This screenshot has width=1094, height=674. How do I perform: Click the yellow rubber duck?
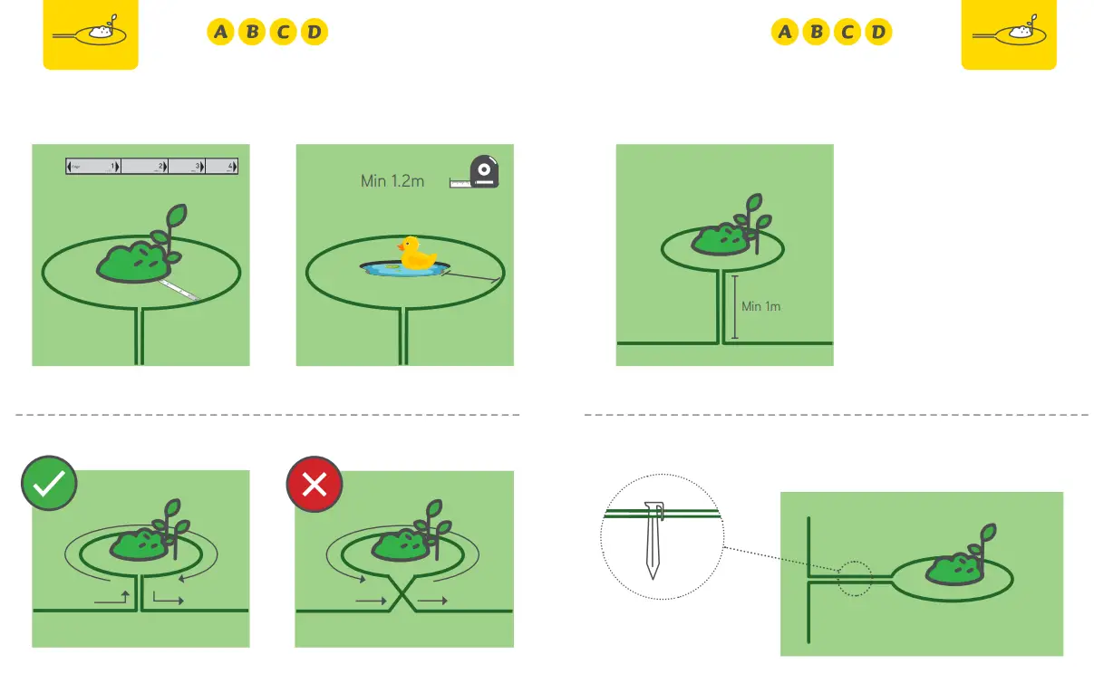tap(417, 255)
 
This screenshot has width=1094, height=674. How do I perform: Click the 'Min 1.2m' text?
tap(392, 181)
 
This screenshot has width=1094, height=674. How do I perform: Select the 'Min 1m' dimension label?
tap(760, 306)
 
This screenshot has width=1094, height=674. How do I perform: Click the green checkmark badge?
tap(49, 484)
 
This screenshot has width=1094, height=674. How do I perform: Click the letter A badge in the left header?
tap(220, 34)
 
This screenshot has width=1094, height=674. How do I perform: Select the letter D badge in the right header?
tap(878, 34)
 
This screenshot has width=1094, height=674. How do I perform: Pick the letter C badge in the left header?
tap(283, 34)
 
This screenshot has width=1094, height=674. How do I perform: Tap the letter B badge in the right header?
tap(816, 34)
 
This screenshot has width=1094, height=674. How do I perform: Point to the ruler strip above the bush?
tap(152, 167)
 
